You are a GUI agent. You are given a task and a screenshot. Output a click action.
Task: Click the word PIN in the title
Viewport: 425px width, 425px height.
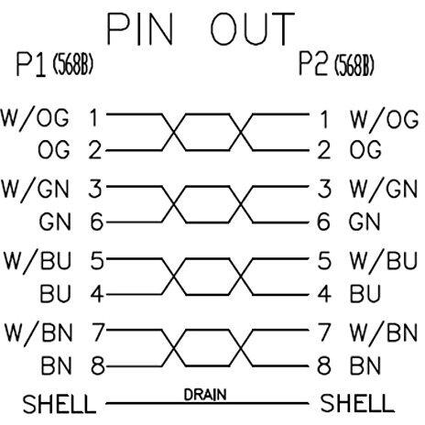140,29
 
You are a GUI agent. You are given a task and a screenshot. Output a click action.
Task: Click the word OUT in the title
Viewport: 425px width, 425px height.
253,29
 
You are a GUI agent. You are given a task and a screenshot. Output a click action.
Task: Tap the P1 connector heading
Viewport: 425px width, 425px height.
31,65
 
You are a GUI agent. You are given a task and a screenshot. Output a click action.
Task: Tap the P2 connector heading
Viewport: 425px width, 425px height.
313,64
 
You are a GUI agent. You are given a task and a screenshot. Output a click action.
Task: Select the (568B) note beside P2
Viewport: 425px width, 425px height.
354,65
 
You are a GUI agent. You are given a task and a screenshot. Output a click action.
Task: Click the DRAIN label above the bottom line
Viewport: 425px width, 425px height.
205,395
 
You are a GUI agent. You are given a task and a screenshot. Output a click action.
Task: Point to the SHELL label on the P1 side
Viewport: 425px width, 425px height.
60,404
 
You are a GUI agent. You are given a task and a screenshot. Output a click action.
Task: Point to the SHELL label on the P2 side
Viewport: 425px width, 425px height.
357,403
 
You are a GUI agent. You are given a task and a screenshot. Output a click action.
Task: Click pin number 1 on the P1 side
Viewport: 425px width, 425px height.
93,118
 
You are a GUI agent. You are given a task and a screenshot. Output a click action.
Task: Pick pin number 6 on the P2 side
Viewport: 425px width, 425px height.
323,222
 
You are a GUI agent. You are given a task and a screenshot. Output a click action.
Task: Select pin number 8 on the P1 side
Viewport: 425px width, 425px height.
98,365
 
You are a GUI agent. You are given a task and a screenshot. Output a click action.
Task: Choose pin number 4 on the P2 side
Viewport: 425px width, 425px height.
324,294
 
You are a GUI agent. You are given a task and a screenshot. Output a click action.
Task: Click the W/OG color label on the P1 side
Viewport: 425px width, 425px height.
35,118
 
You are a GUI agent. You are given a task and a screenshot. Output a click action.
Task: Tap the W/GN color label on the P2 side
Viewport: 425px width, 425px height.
384,189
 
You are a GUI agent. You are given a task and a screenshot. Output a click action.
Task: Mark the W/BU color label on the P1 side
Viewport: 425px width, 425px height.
38,261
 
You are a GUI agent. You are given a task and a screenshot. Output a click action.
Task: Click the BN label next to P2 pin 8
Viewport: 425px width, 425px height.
365,365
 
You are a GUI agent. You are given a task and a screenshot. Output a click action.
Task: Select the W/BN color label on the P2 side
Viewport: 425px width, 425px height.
384,332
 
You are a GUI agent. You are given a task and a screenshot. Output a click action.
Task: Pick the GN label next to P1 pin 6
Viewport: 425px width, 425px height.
55,222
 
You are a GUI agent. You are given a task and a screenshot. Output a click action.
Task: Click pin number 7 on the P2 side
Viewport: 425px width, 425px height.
324,332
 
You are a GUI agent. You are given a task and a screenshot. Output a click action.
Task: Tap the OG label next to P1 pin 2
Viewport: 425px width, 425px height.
54,149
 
